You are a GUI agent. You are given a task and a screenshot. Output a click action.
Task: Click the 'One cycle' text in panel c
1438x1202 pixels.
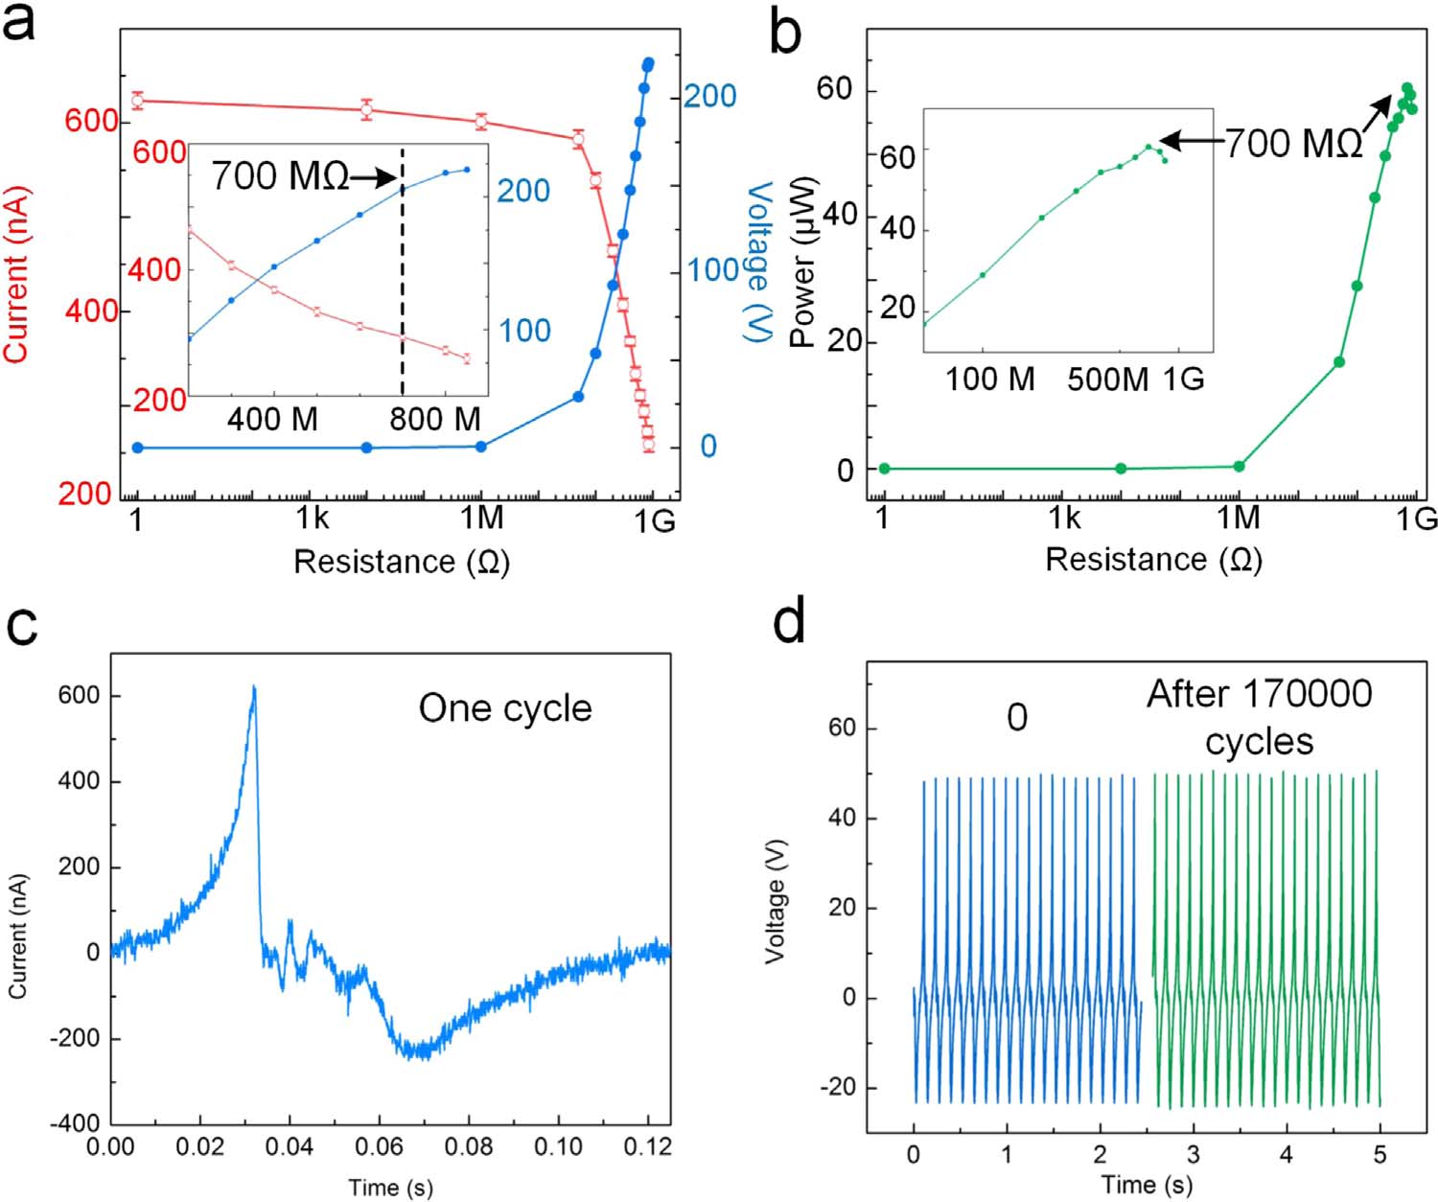[x=505, y=708]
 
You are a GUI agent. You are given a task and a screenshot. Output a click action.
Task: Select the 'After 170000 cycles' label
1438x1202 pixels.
[x=1259, y=716]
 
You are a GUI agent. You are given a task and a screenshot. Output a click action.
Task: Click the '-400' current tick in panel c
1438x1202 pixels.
[x=78, y=1123]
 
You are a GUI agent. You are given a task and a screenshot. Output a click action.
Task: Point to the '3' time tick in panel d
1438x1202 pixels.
[x=1193, y=1154]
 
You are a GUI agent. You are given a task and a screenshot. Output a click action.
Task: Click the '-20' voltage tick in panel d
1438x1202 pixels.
[x=837, y=1088]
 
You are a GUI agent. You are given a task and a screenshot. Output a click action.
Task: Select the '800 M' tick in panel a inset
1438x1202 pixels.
[x=435, y=419]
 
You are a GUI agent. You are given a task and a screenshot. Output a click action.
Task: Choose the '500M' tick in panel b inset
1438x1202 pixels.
[x=1107, y=380]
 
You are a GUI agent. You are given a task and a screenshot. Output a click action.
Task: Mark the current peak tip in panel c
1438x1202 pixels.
[x=254, y=686]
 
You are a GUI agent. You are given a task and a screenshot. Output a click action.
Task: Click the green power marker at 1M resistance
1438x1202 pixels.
[x=1239, y=467]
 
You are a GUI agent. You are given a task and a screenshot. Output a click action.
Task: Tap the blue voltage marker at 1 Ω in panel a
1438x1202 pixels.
[x=138, y=448]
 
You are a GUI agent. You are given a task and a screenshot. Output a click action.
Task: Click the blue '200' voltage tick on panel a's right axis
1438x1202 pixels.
[x=708, y=96]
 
